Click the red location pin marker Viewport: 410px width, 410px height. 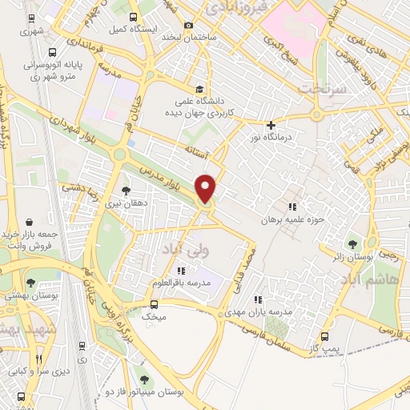coord(207,188)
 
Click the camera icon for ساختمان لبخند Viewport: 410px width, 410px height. coord(189,25)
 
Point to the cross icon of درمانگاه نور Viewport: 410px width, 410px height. coord(271,124)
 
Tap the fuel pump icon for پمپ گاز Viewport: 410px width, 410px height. coord(324,337)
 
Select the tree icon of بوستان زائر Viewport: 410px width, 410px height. coord(353,243)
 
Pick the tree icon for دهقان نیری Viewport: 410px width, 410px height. coord(126,191)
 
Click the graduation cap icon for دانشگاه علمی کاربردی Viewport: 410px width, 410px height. coord(198,88)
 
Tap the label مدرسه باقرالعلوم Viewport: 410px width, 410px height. coord(179,284)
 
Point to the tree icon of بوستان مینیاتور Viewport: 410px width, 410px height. coord(144,380)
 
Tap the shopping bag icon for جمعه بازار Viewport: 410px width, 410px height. coord(30,221)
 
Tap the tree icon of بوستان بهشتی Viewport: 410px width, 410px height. coord(30,283)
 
